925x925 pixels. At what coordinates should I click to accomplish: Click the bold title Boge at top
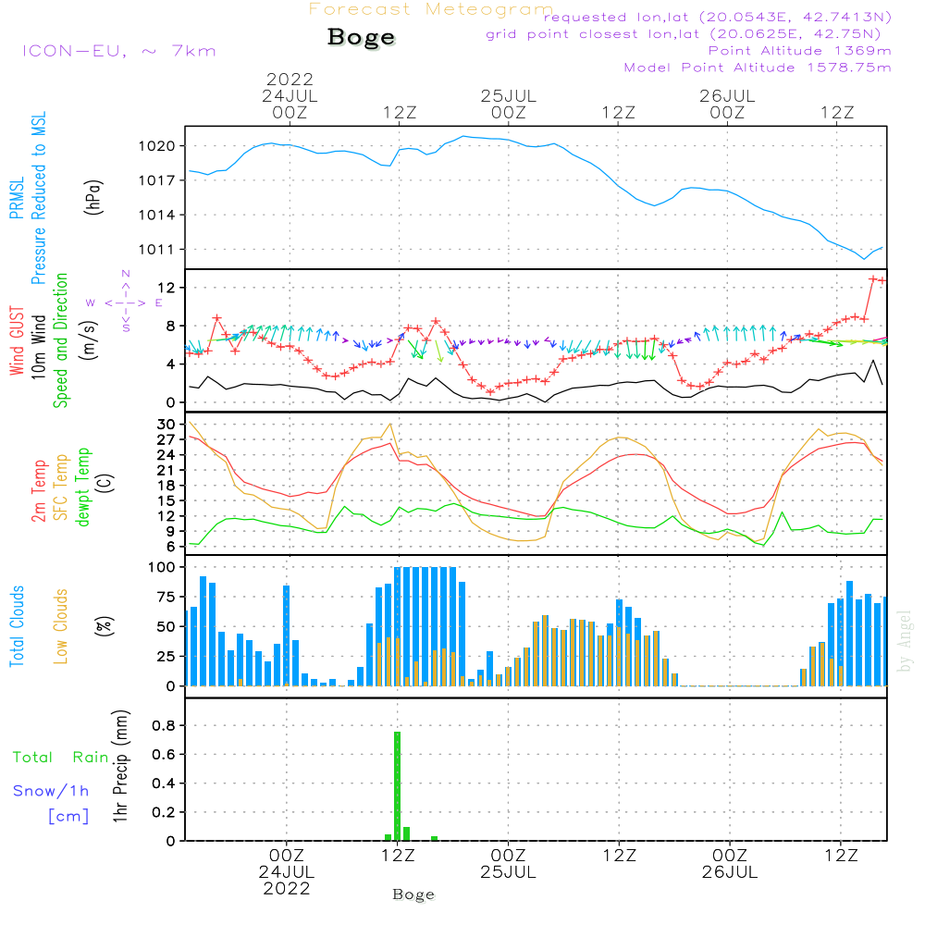361,37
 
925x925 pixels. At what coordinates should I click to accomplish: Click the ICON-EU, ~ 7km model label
119,51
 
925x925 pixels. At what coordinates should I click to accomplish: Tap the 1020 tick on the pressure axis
157,146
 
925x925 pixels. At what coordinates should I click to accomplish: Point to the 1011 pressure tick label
157,250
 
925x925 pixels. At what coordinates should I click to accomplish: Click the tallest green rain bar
397,785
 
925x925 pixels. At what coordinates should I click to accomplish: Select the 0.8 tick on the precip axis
164,725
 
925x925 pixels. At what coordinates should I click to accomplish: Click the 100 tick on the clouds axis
162,567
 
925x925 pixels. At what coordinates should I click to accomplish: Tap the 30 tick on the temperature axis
166,425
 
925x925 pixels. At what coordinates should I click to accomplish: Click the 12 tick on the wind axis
166,288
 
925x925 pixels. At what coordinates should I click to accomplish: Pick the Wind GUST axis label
17,341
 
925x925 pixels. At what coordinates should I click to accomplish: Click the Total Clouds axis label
17,626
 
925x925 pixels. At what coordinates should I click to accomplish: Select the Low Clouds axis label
61,626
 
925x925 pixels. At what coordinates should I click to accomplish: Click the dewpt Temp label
83,487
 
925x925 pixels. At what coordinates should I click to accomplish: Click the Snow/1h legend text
51,791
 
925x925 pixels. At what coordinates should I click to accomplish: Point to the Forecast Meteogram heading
431,9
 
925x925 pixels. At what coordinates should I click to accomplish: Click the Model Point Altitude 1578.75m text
758,68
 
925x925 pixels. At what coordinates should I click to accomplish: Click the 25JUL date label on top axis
509,95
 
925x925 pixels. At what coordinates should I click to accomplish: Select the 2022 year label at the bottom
287,888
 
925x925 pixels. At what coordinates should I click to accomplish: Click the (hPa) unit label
93,197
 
